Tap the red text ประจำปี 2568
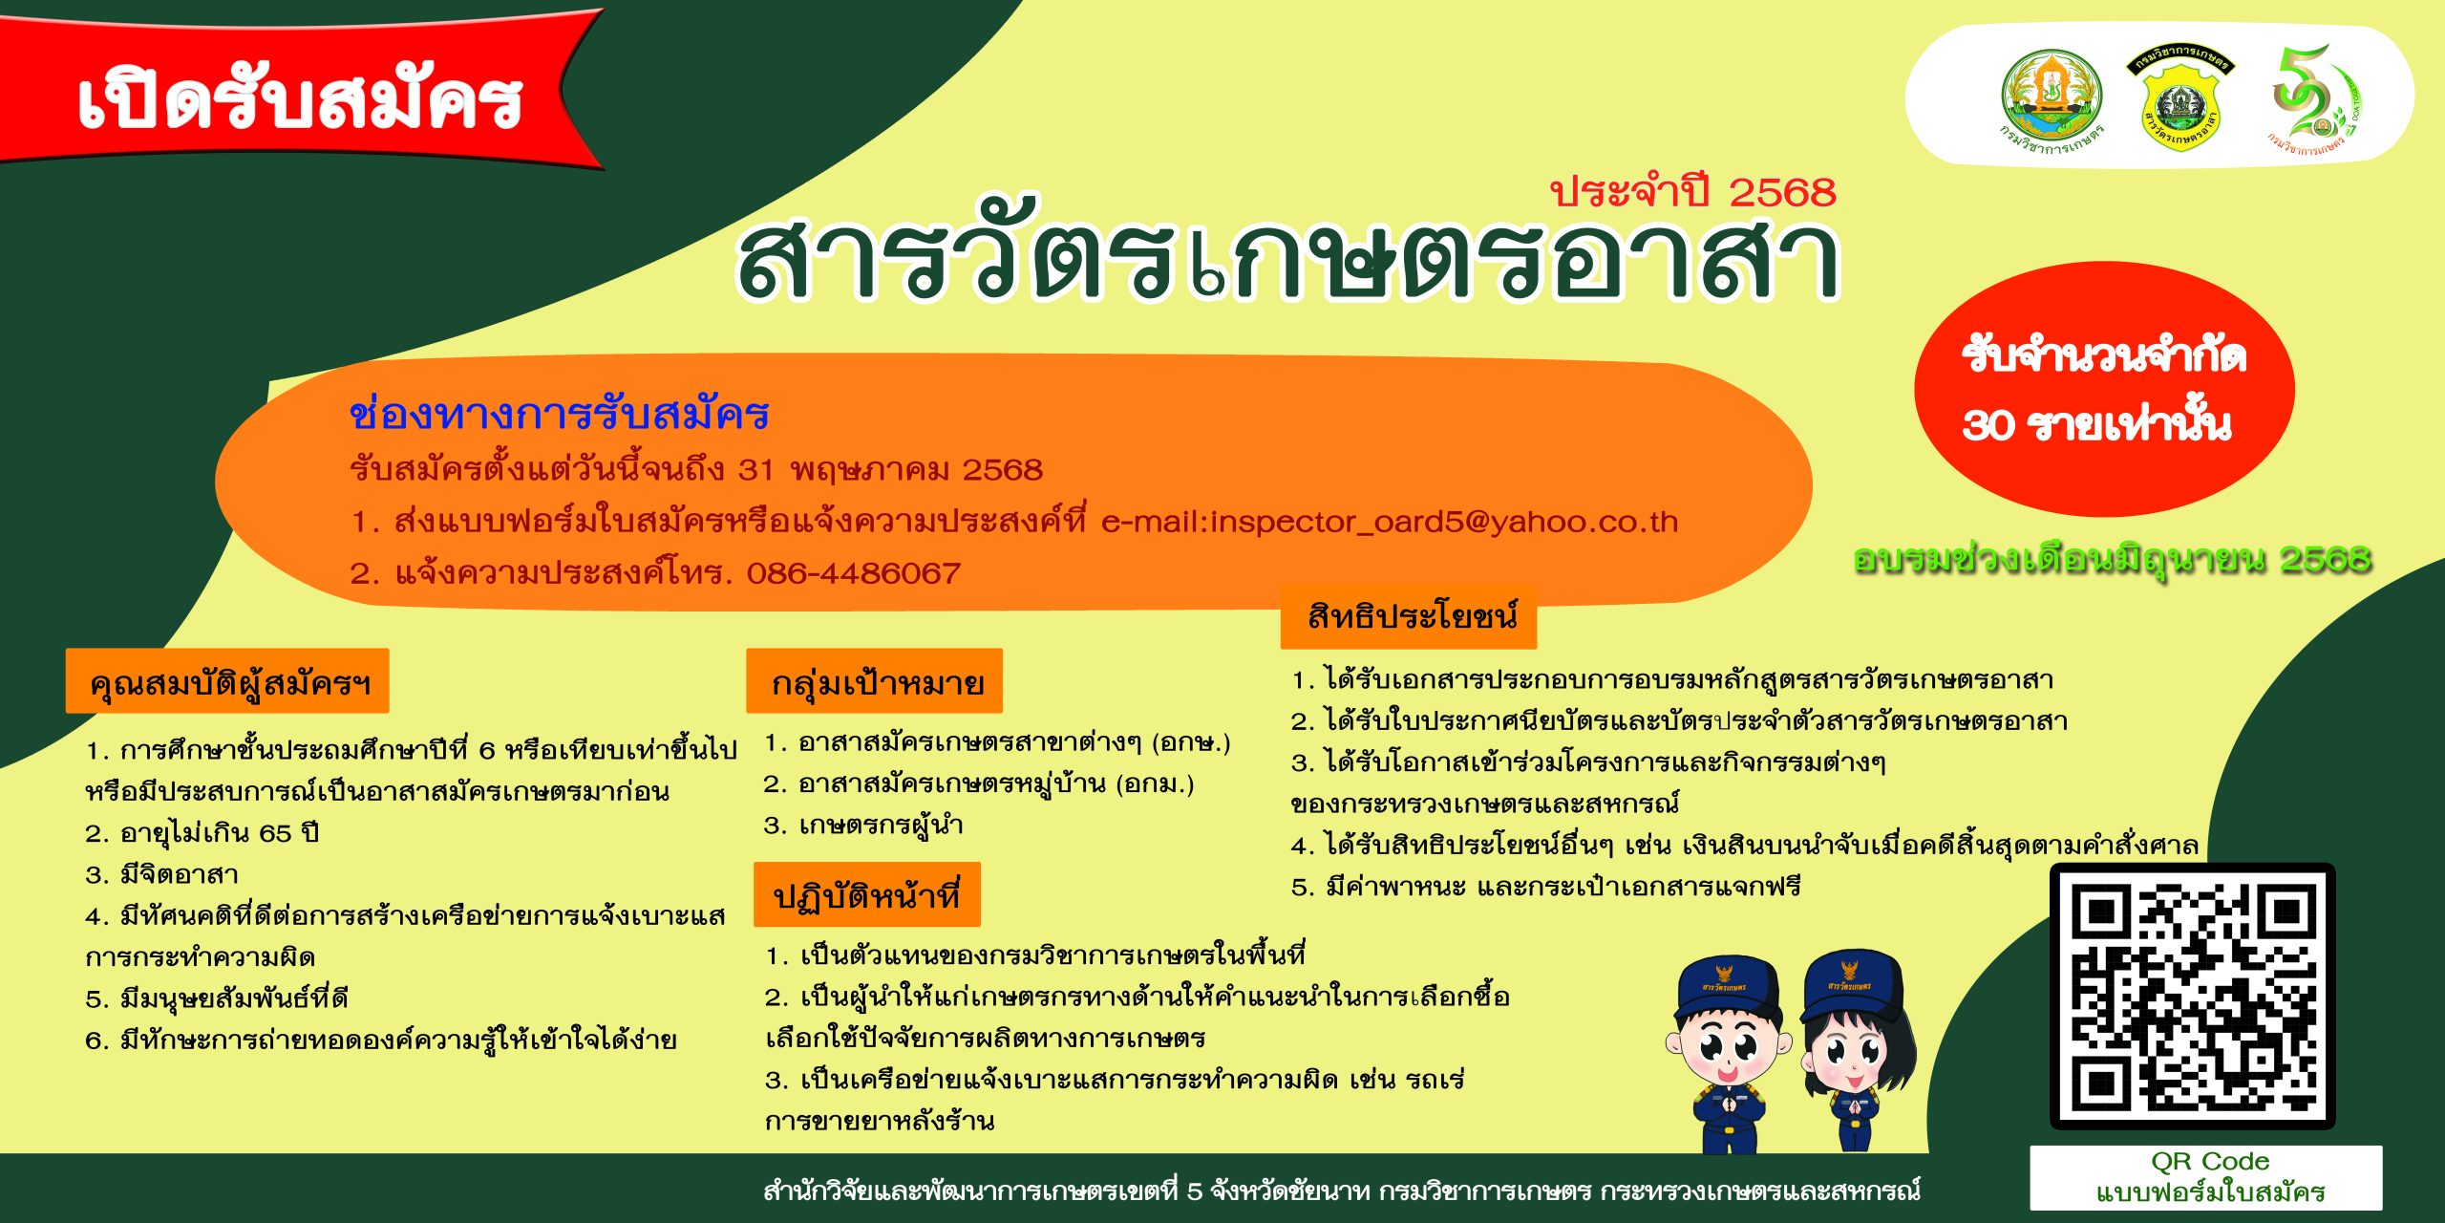(1692, 190)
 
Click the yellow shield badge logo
(2180, 99)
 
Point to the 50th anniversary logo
(2316, 99)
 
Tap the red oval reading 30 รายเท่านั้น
(2104, 389)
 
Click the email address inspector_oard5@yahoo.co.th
(1389, 522)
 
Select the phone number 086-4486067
(853, 573)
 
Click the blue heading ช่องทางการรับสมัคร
(560, 414)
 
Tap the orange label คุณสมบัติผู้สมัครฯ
(227, 681)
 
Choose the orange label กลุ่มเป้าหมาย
(875, 681)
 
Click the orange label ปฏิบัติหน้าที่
(867, 894)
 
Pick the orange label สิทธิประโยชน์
(1409, 616)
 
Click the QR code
(2193, 997)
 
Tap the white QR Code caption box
(2206, 1177)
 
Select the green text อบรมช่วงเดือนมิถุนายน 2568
(2112, 559)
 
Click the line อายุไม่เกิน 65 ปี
(202, 833)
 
